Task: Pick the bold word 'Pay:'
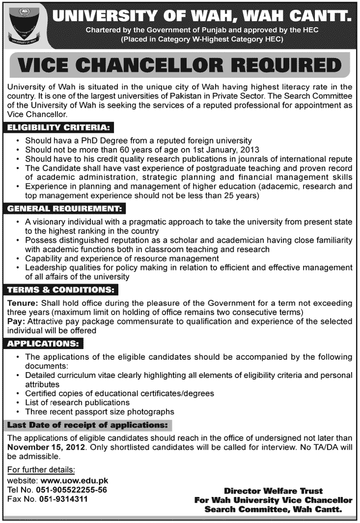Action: coord(17,321)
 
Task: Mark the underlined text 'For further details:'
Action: coord(42,470)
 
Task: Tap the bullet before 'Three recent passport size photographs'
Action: coord(18,412)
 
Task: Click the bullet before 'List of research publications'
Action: coord(18,403)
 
